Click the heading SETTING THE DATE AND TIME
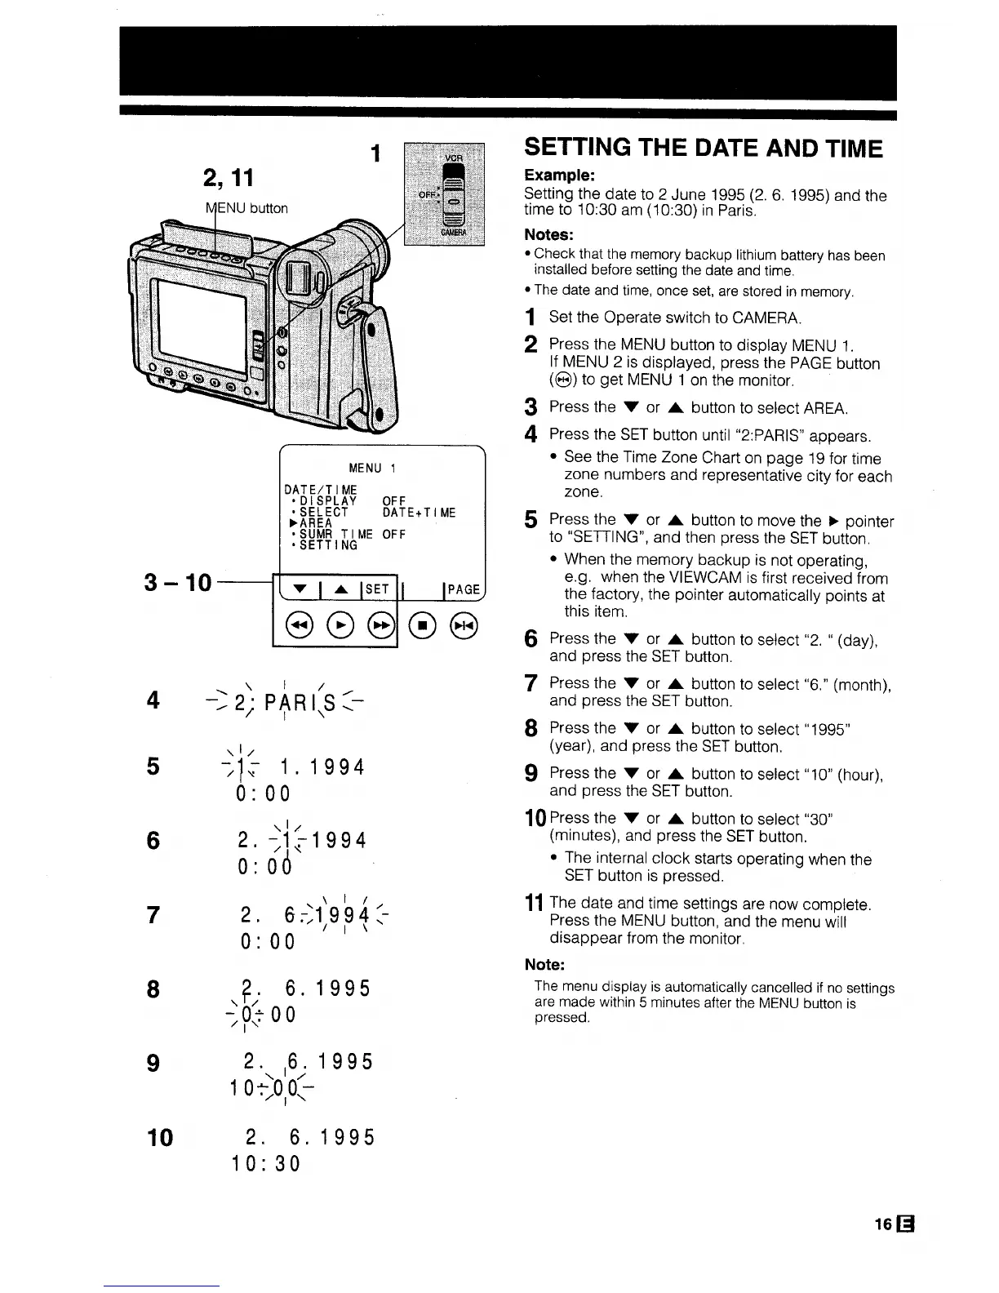click(704, 149)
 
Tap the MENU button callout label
click(246, 208)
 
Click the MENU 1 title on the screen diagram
click(371, 468)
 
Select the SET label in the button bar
click(377, 589)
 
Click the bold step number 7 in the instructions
click(531, 684)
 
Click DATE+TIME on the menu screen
click(419, 513)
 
